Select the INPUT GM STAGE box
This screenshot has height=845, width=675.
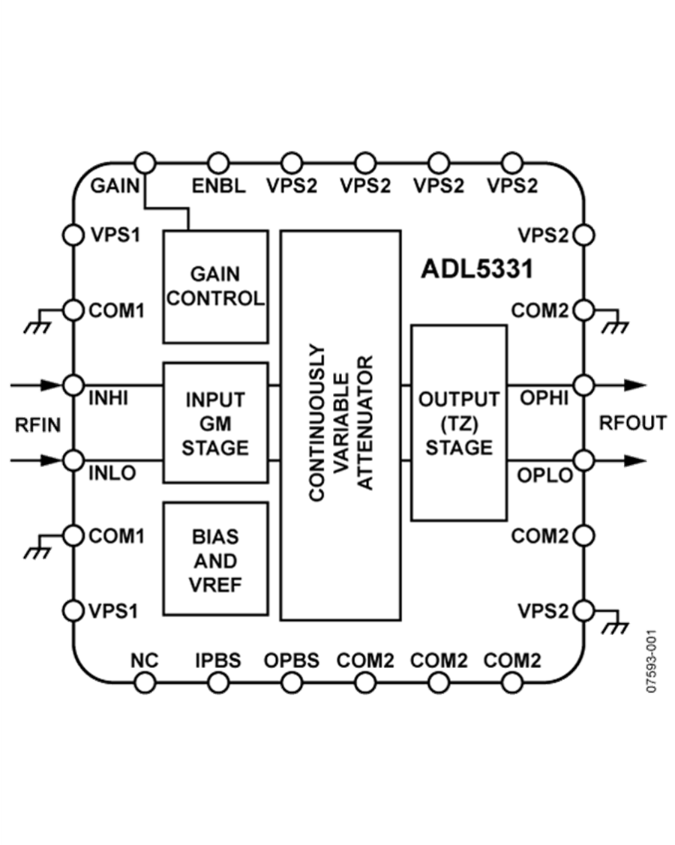(x=215, y=422)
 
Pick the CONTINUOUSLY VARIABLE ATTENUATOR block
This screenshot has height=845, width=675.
(x=340, y=425)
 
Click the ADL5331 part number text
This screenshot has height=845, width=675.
(x=476, y=269)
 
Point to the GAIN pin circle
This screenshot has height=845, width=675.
(x=145, y=160)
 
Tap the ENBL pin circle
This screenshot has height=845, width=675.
(x=217, y=160)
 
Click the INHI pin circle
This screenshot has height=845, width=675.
(x=73, y=385)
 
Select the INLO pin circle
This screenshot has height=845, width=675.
(x=73, y=459)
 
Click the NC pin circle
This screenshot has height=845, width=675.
(x=145, y=682)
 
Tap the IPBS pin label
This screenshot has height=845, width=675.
(x=217, y=661)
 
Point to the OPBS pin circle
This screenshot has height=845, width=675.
(x=291, y=682)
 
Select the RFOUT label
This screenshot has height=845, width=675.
(x=632, y=424)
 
